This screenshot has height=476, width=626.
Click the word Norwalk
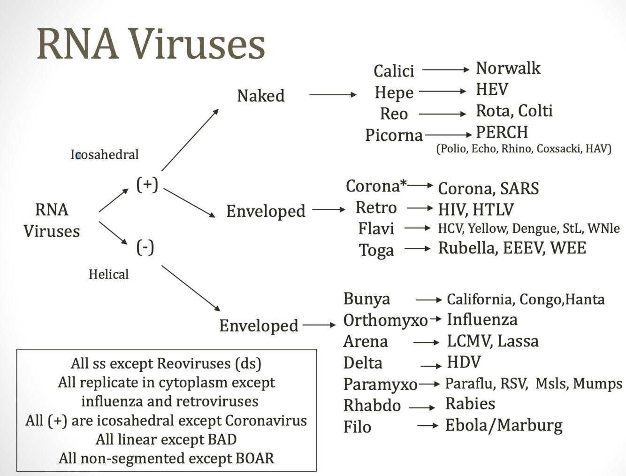[508, 69]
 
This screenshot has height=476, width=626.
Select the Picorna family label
[394, 135]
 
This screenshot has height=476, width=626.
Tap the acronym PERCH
[502, 132]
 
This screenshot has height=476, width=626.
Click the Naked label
[260, 96]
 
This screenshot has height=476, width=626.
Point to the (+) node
[147, 184]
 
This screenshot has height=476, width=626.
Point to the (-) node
[145, 247]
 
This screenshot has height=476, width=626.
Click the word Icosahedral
[105, 154]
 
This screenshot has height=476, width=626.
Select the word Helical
[108, 274]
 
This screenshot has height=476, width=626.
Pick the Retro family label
[376, 207]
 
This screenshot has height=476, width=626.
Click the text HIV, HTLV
[475, 209]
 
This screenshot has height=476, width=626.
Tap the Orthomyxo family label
[385, 320]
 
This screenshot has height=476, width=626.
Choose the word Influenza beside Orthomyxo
[482, 320]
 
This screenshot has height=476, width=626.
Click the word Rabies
[470, 404]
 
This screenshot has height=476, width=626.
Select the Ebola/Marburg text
[504, 425]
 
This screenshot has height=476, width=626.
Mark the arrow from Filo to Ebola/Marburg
[428, 426]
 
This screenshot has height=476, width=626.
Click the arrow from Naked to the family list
[333, 95]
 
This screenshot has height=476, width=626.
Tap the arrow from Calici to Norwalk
[445, 69]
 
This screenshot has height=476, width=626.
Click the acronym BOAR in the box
[255, 458]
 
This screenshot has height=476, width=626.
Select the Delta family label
[363, 363]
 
